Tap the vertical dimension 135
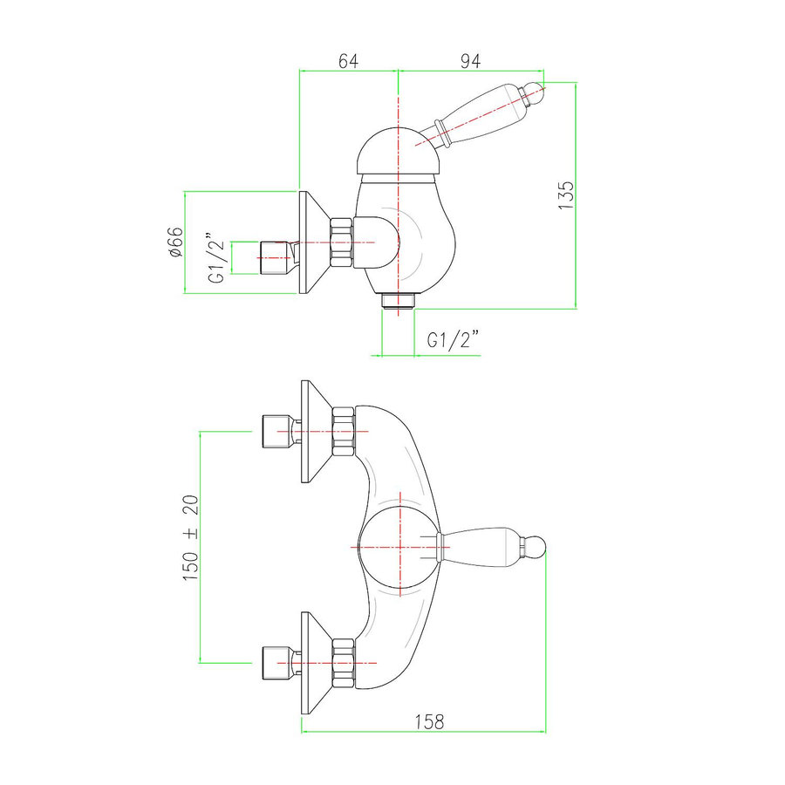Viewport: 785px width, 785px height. tap(567, 194)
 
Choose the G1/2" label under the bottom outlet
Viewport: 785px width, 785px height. tap(454, 341)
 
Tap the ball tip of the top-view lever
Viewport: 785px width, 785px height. tap(535, 548)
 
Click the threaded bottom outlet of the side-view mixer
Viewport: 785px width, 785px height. tap(398, 301)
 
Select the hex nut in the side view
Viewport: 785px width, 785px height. tap(340, 242)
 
